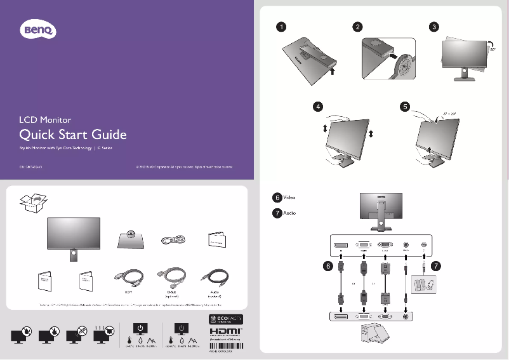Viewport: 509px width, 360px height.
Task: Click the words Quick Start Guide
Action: coord(73,135)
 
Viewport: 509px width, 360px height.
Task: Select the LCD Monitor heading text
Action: coord(44,119)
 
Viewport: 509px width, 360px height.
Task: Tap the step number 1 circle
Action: coord(281,27)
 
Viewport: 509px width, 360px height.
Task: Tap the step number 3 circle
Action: coord(433,27)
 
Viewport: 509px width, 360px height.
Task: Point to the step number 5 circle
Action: coord(405,107)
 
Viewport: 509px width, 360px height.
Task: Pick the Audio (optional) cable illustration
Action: coord(214,279)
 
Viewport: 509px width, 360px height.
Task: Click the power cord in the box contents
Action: coord(173,240)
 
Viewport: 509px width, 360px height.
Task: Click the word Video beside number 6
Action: coord(289,198)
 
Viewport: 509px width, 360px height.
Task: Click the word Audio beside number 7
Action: coord(289,213)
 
